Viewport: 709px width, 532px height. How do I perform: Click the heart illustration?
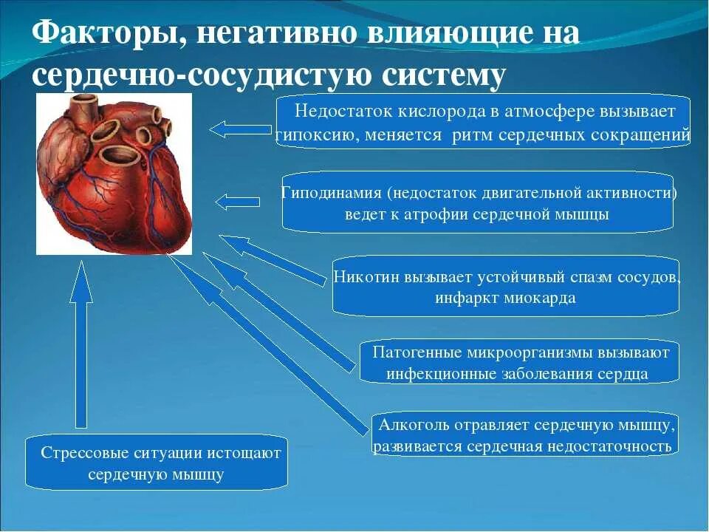tap(114, 174)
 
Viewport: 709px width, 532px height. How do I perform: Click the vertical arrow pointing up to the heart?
tap(81, 347)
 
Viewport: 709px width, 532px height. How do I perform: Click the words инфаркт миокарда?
tap(505, 299)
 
